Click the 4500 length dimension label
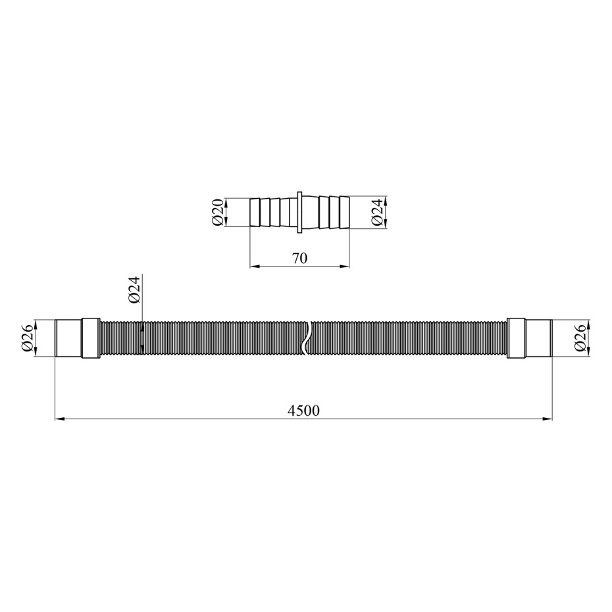pos(303,410)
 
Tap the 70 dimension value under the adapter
pos(299,258)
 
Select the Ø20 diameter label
pos(218,212)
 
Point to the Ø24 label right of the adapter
pos(377,212)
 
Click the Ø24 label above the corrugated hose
pos(134,290)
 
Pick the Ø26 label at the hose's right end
pos(580,338)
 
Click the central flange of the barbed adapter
pos(299,213)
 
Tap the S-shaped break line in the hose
pos(307,338)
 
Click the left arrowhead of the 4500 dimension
pos(59,419)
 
